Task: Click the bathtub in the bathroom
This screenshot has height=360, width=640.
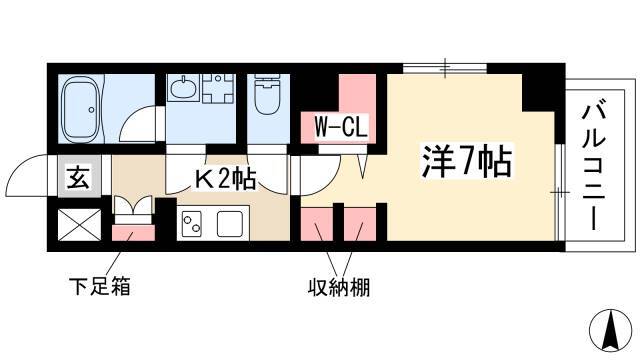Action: click(81, 109)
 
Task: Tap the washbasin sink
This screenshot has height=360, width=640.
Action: click(184, 87)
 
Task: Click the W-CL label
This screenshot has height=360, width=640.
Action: click(341, 127)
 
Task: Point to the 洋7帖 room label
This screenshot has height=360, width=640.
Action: click(467, 162)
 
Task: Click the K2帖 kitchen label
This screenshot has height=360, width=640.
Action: click(225, 179)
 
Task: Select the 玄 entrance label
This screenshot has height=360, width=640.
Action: click(78, 177)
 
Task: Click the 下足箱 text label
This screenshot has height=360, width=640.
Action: click(99, 286)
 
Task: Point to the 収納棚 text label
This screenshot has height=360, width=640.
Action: click(339, 287)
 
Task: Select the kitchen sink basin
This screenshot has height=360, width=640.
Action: click(230, 224)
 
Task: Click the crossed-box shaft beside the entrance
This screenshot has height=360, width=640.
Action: click(80, 224)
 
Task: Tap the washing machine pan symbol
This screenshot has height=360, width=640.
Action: click(218, 88)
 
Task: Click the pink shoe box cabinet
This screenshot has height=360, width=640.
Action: click(133, 233)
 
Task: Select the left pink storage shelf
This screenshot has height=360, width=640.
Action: click(317, 224)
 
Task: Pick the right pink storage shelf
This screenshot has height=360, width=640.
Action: click(360, 224)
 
